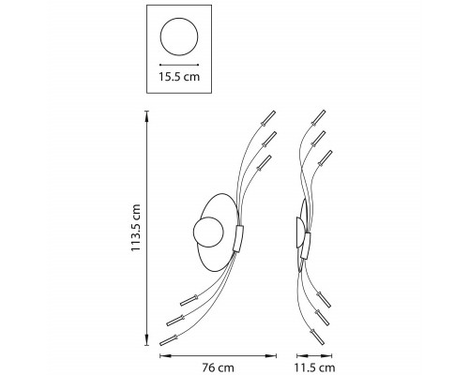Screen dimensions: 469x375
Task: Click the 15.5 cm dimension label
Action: pyautogui.click(x=179, y=77)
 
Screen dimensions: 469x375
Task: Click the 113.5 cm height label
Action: pyautogui.click(x=136, y=228)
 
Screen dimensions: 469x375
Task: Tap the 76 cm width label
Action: pyautogui.click(x=218, y=367)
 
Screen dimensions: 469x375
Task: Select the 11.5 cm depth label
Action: pyautogui.click(x=314, y=367)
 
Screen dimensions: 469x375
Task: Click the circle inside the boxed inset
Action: pyautogui.click(x=160, y=37)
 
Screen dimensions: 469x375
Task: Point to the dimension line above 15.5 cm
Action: pyautogui.click(x=179, y=65)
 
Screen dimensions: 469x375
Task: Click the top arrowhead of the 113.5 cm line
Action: pyautogui.click(x=147, y=116)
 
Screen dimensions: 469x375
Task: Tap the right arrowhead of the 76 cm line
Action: pyautogui.click(x=271, y=355)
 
